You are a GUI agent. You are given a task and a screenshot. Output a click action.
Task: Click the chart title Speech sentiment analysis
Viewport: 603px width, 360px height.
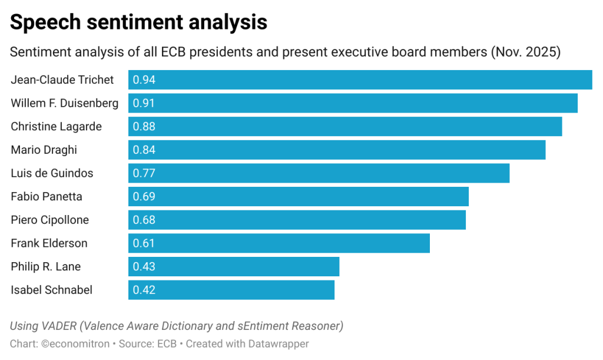coord(138,22)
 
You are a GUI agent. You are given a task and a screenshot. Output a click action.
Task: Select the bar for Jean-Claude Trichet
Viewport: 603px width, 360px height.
coord(360,80)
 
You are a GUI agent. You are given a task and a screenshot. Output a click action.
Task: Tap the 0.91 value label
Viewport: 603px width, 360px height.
coord(144,103)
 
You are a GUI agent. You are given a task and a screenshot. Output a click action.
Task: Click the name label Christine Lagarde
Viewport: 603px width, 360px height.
coord(56,127)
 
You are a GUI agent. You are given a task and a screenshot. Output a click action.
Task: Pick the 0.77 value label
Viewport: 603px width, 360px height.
coord(144,173)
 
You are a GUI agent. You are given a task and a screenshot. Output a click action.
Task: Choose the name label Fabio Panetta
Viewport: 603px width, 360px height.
coord(47,197)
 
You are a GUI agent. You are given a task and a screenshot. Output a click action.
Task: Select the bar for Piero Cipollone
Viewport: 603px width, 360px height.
coord(297,220)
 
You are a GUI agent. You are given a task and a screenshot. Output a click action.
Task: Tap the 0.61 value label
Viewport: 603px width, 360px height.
coord(144,243)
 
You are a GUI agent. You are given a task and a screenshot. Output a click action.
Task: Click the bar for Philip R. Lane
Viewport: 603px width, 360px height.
coord(234,266)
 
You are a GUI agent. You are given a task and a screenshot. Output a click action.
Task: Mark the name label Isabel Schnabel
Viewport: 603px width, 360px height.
coord(52,290)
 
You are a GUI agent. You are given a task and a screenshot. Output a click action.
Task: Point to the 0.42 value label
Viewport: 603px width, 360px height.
coord(144,290)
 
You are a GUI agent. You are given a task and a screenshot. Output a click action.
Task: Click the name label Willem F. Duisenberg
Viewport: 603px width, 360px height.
coord(65,103)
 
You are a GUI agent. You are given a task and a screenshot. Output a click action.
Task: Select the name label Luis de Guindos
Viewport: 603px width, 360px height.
coord(52,173)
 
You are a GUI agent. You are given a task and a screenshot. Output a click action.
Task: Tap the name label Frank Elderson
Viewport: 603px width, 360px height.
coord(49,243)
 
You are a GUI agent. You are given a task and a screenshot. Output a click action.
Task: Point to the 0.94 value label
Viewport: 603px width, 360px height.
coord(144,80)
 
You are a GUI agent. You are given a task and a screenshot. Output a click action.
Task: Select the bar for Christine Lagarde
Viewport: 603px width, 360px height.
coord(345,127)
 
